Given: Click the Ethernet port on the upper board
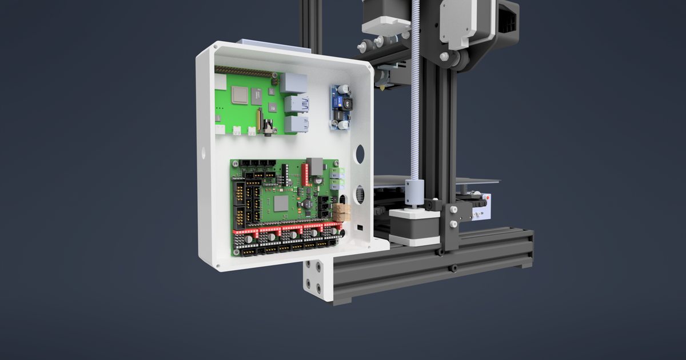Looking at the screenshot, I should point(293,83).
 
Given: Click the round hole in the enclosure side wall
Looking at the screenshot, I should point(360,153).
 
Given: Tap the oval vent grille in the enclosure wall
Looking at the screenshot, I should point(360,194).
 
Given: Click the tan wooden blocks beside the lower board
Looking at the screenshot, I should point(342,211).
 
